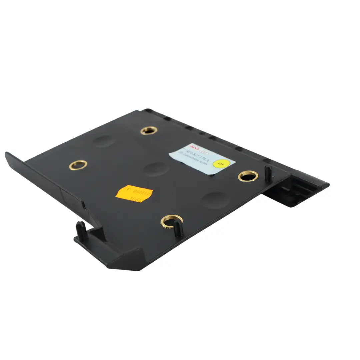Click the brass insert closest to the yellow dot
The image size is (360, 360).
pos(248,176)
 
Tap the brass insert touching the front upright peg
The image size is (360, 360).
pos(172,221)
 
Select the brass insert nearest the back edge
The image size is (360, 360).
pos(149,130)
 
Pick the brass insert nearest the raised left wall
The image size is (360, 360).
pos(78,165)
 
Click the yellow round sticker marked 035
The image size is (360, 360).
pos(220,164)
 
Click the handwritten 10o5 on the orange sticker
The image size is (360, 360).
pos(136,200)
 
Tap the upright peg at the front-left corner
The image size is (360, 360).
pos(81,229)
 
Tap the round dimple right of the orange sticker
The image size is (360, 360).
pos(214,200)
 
